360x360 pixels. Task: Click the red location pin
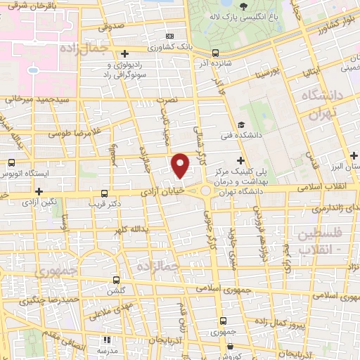[x=181, y=165]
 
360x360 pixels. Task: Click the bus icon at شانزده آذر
[x=216, y=51]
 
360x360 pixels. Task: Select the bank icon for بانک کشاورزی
[x=169, y=36]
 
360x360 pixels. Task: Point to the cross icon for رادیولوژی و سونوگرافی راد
[x=124, y=53]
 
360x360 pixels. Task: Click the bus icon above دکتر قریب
[x=105, y=193]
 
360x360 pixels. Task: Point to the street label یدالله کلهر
[x=129, y=229]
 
